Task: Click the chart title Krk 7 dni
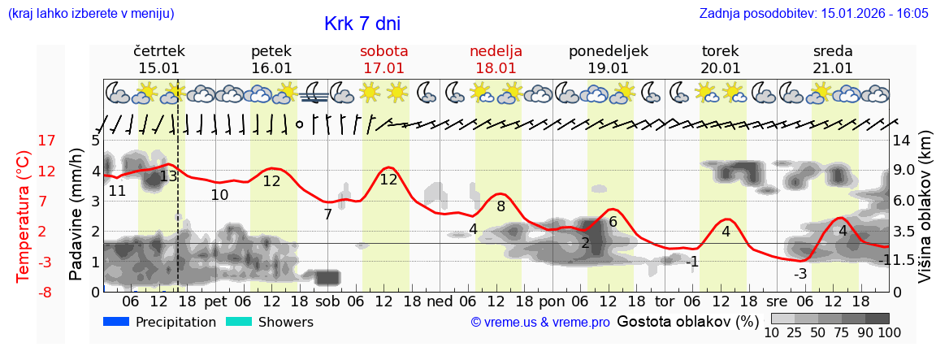tap(362, 24)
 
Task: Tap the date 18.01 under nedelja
tap(496, 68)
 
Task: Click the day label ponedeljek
tap(609, 50)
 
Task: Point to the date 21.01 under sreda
tap(833, 68)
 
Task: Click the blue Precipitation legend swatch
tap(116, 322)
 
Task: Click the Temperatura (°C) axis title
tap(24, 216)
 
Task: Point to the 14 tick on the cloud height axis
tap(903, 140)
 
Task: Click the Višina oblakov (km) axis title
tap(925, 216)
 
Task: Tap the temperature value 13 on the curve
tap(168, 176)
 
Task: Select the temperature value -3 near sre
tap(800, 273)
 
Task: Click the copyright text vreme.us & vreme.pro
tap(540, 323)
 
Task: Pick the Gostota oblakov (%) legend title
tap(687, 321)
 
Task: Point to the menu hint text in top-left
tap(91, 14)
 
